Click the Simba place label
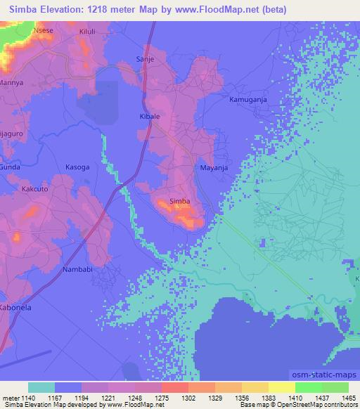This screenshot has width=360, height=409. (x=180, y=202)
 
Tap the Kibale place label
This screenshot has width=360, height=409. (x=150, y=115)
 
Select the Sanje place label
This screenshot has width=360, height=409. (x=144, y=60)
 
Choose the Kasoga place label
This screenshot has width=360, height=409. (x=77, y=168)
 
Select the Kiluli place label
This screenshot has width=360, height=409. (x=88, y=32)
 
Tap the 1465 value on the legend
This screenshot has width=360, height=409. (x=349, y=398)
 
